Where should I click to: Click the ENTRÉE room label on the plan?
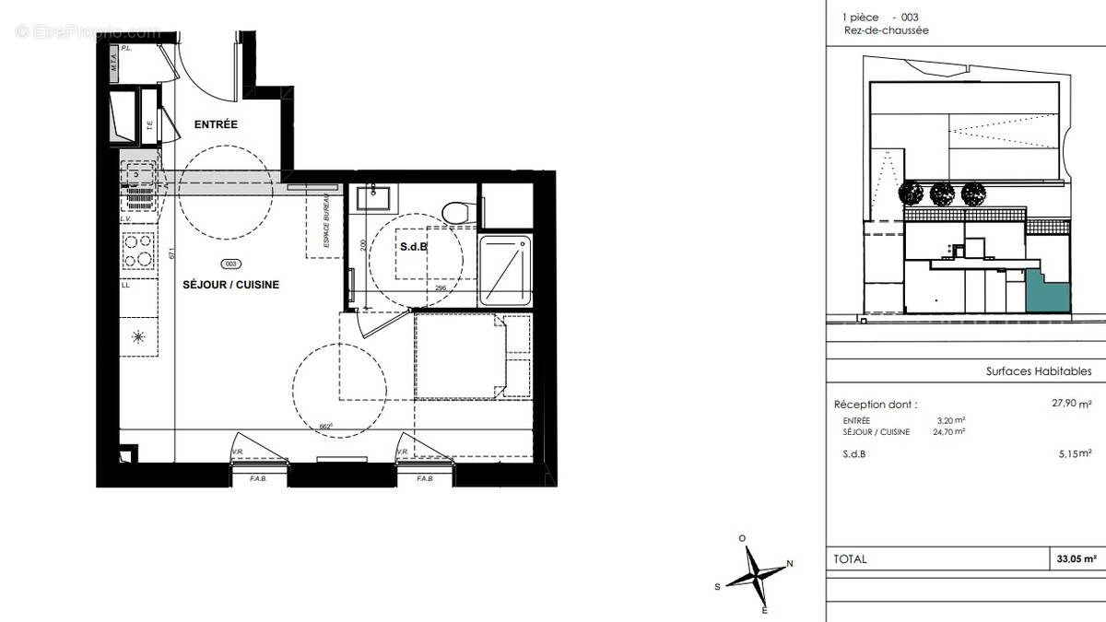[216, 124]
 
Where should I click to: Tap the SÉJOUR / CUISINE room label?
[231, 285]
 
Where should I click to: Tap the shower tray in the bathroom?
[505, 270]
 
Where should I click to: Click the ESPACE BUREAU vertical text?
[324, 224]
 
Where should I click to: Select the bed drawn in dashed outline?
[472, 357]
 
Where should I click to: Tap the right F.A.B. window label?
[425, 479]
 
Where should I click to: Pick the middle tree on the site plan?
[941, 194]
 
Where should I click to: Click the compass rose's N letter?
[789, 564]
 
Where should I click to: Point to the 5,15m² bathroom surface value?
[1074, 453]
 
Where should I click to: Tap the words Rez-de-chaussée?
[886, 30]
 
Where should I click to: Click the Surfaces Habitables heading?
[1038, 371]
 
